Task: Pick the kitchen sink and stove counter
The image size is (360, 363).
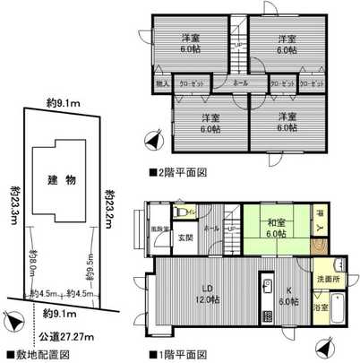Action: point(265,300)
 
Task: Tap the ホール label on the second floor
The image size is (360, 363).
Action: point(241,83)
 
